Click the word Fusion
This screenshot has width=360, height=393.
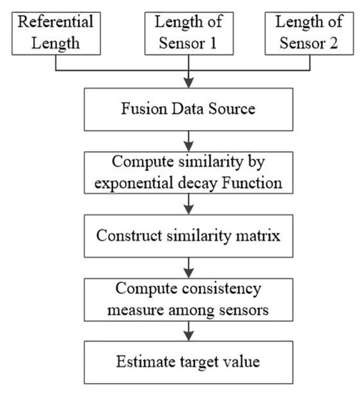click(139, 109)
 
